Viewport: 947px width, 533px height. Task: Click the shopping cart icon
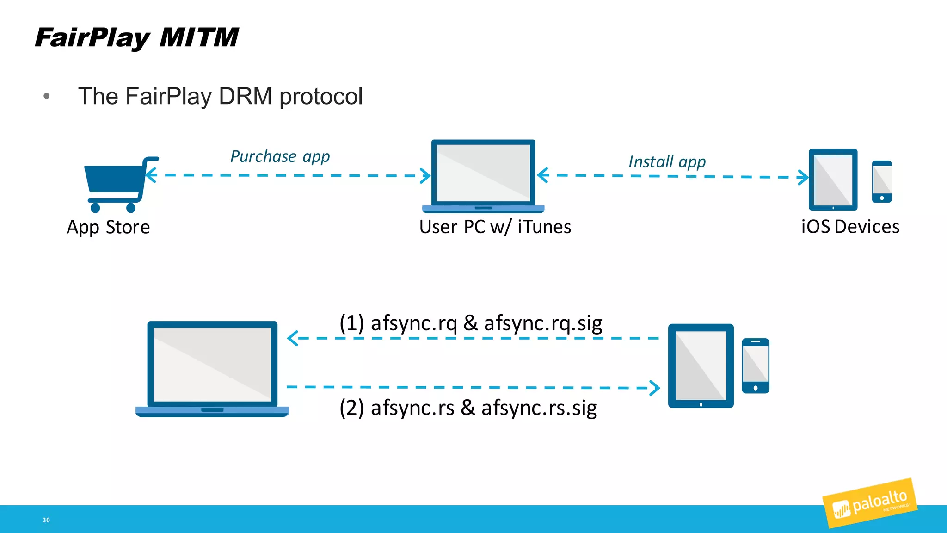[x=118, y=184]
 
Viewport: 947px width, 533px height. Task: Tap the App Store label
[x=108, y=227]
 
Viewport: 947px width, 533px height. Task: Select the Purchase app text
[x=280, y=156]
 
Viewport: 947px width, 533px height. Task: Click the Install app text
[x=667, y=161]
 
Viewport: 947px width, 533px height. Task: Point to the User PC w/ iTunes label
[x=495, y=227]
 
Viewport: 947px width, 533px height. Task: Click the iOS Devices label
[x=850, y=227]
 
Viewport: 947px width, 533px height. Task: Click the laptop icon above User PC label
[x=483, y=175]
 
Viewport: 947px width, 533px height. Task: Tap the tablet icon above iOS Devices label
[x=833, y=180]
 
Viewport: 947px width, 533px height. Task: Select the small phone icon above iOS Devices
[x=881, y=181]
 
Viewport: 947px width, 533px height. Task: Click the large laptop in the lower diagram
[x=212, y=368]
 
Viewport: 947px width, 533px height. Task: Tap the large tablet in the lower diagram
[x=701, y=366]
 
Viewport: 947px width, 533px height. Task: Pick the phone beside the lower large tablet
[x=755, y=366]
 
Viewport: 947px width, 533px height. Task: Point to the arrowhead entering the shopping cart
[x=151, y=175]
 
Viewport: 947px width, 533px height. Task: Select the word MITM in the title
[x=199, y=37]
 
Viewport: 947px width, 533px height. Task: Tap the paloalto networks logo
[x=869, y=503]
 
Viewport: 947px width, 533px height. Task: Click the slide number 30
[x=46, y=520]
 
